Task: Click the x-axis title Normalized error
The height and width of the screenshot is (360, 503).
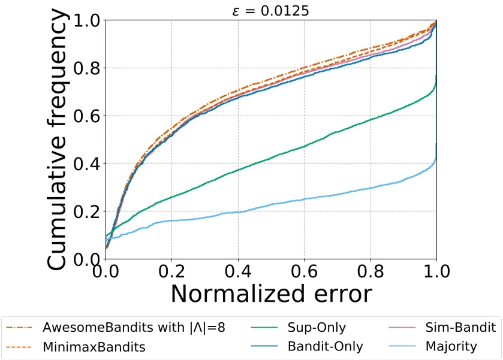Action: [271, 294]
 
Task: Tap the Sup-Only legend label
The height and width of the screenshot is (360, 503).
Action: [317, 328]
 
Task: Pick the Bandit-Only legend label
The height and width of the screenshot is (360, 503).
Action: [325, 346]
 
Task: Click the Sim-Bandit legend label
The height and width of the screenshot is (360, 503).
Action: [460, 328]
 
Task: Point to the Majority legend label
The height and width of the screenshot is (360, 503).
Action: [451, 346]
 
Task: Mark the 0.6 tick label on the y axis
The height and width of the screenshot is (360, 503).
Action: [88, 116]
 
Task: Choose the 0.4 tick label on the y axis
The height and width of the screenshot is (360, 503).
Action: [88, 164]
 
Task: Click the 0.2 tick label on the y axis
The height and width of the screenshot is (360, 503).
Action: [88, 211]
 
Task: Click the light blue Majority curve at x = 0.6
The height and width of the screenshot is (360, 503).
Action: [304, 198]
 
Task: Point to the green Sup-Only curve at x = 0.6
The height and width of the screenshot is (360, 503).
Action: [304, 146]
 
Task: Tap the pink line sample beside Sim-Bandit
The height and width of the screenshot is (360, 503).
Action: [400, 328]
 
